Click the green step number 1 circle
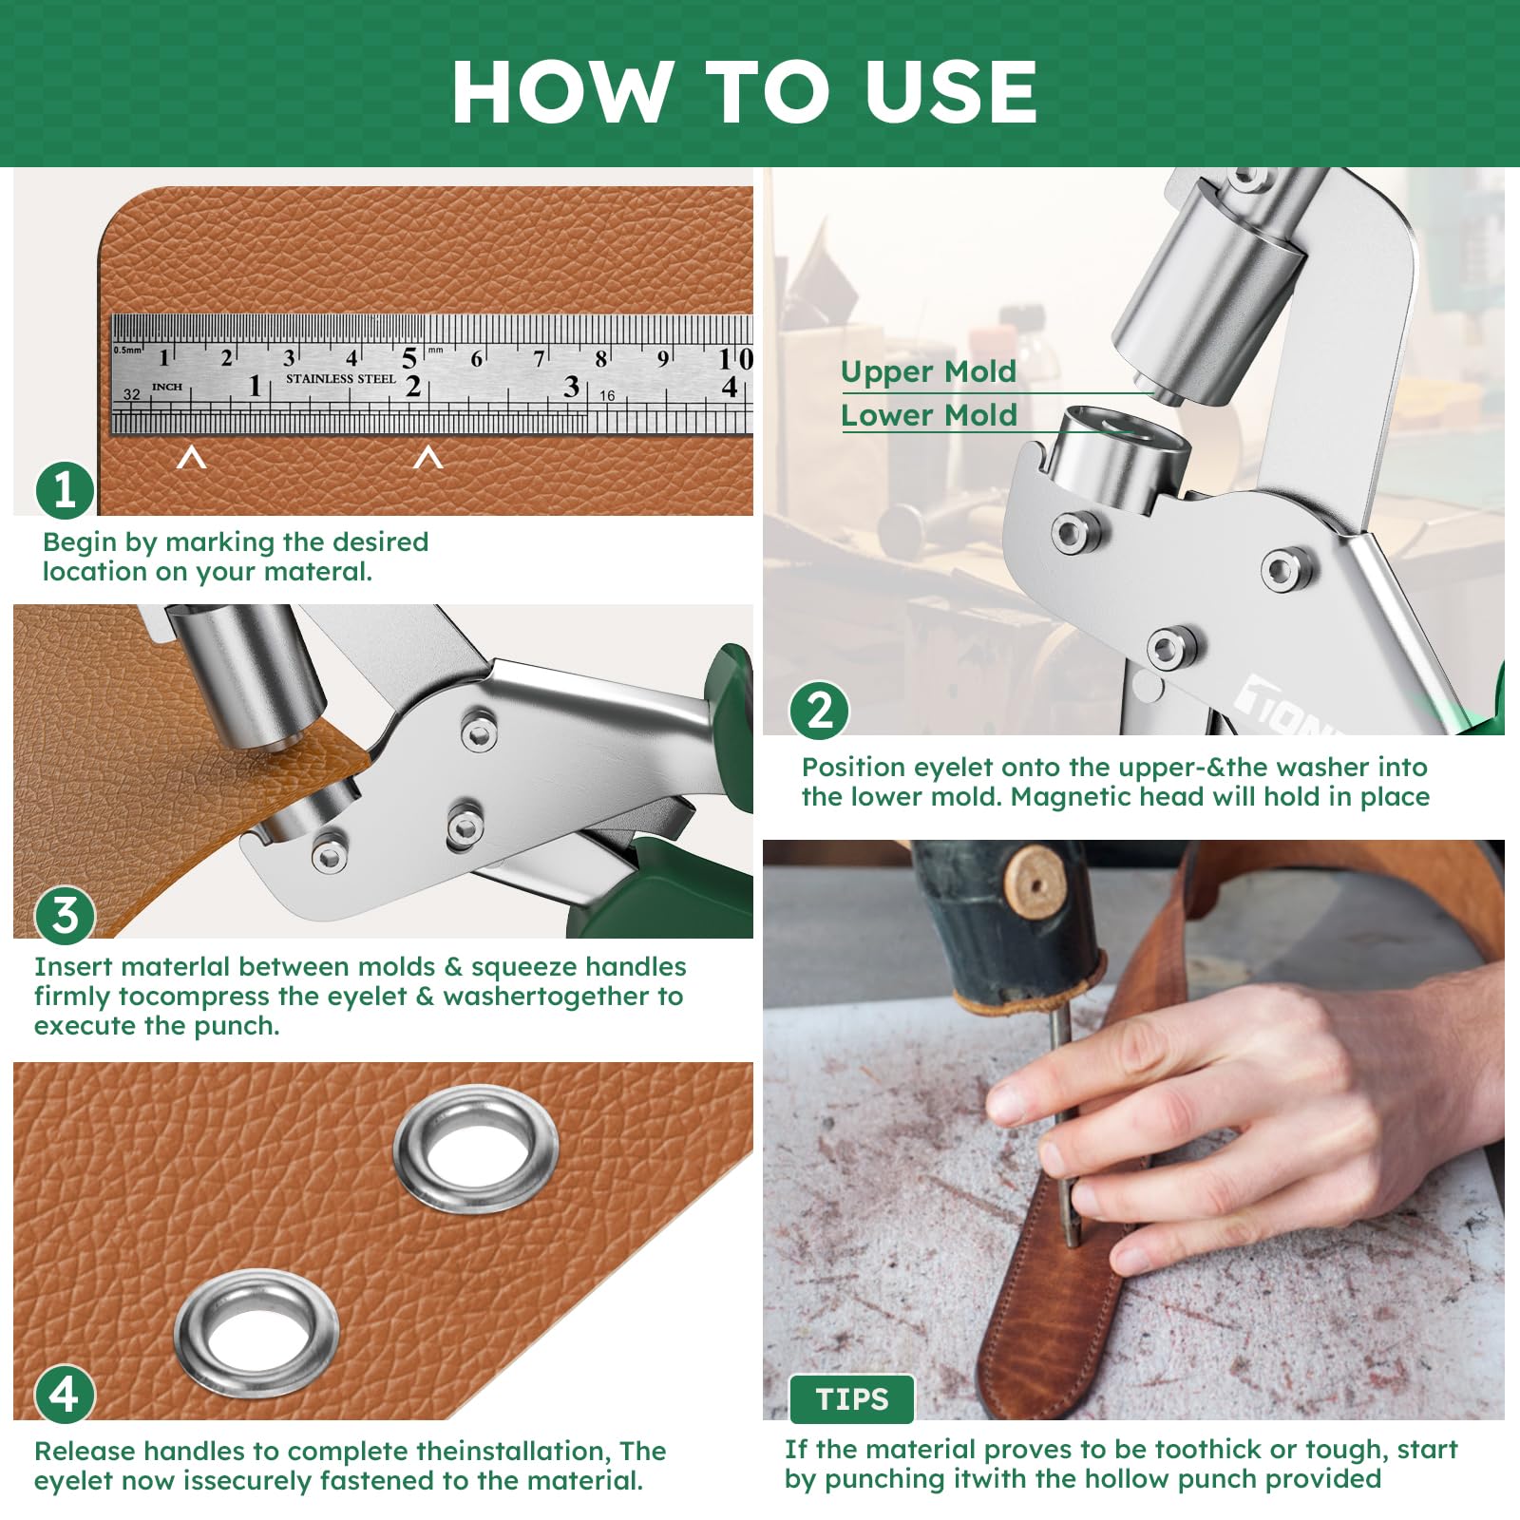coord(65,490)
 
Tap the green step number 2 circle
coord(819,711)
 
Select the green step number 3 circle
coord(65,916)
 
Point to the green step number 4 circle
coord(65,1395)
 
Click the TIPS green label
coord(851,1399)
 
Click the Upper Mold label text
coord(928,371)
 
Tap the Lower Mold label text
coord(928,415)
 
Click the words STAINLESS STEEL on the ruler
coord(340,379)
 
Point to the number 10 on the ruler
coord(735,359)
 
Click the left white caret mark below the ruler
coord(192,459)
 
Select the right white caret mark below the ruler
coord(428,459)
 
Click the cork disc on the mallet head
coord(1033,882)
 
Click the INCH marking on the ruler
coord(166,387)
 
